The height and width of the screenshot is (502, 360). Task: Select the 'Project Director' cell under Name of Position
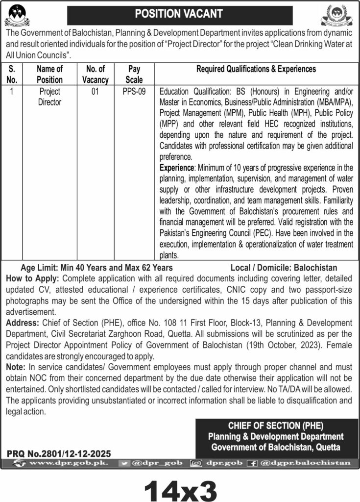49,96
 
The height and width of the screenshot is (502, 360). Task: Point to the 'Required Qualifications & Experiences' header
256,70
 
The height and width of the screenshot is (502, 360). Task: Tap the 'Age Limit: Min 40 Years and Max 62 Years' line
96,268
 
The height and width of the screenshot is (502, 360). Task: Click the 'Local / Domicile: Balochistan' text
284,268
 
